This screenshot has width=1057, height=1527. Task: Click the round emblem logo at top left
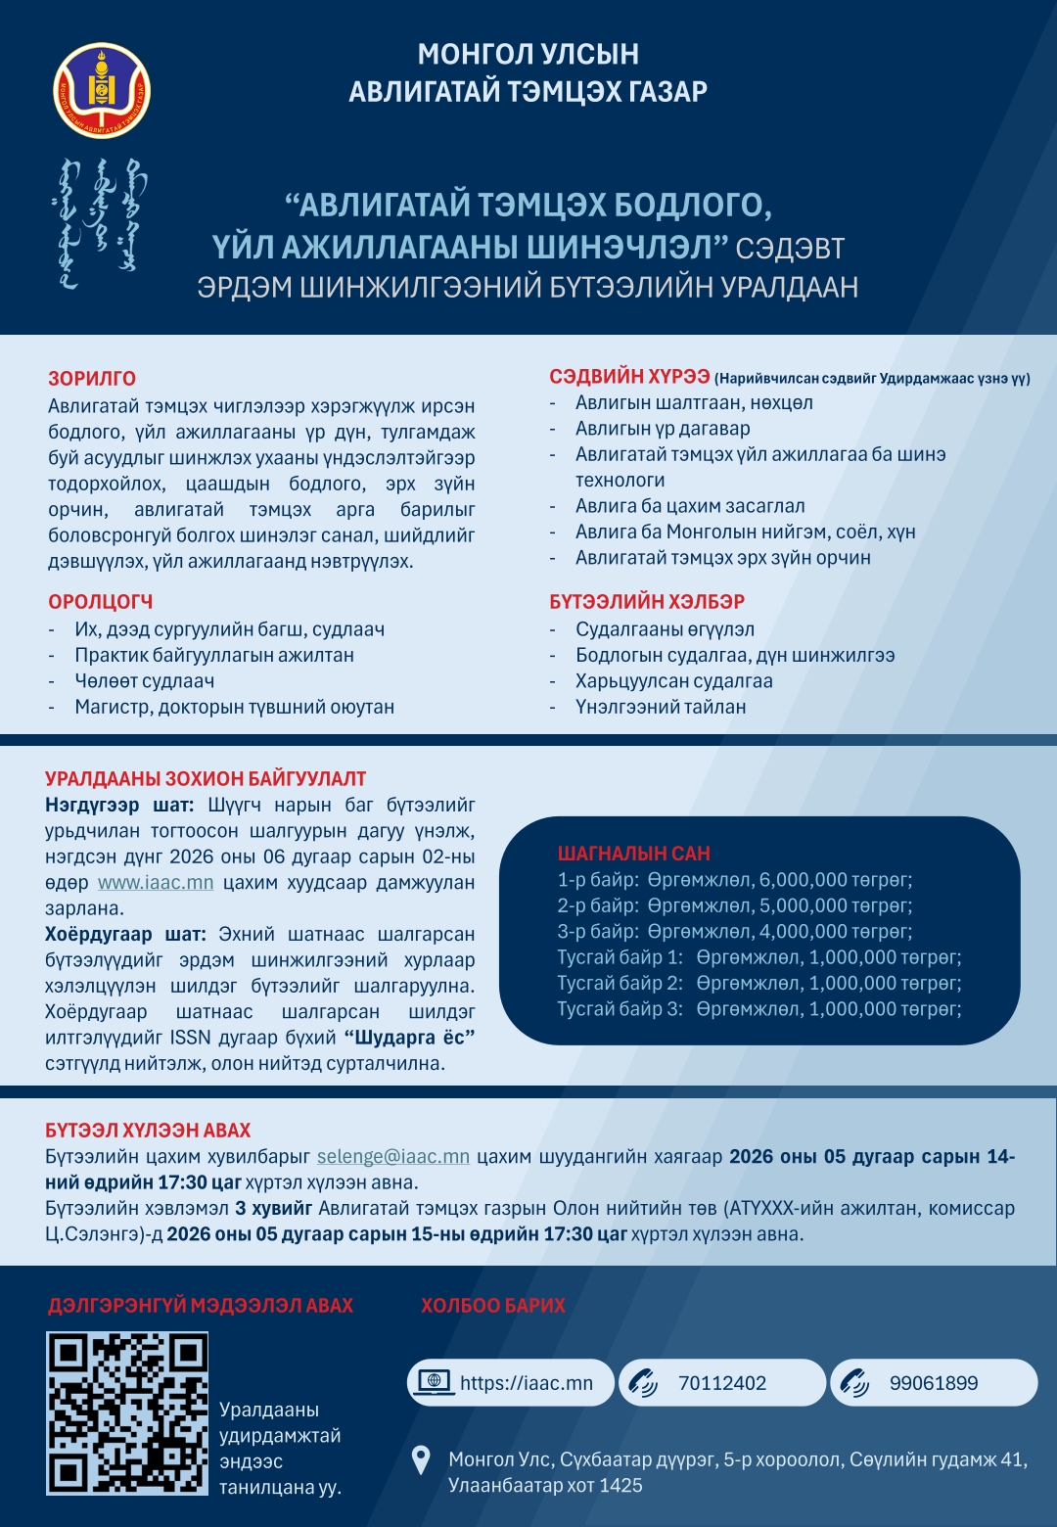(x=102, y=90)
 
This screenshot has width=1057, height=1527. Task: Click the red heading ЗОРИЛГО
(x=92, y=379)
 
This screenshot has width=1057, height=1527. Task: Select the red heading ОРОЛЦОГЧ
(x=101, y=602)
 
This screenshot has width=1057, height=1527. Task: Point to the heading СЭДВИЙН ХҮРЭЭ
(x=629, y=378)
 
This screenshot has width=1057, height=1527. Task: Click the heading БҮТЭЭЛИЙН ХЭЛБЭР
(x=647, y=602)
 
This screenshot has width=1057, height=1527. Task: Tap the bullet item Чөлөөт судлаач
(x=144, y=681)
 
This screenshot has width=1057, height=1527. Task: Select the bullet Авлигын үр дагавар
(x=663, y=429)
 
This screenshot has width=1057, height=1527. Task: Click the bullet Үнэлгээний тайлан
(x=661, y=707)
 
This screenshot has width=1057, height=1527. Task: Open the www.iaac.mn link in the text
(x=156, y=883)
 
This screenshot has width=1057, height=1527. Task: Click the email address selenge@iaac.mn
(x=393, y=1157)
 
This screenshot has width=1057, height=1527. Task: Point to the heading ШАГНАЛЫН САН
(x=634, y=854)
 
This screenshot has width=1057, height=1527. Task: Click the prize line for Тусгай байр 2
(x=759, y=983)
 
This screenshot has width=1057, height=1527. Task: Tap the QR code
(x=127, y=1413)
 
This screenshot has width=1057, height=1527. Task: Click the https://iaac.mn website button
(x=511, y=1383)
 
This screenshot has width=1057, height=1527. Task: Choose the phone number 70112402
(x=722, y=1383)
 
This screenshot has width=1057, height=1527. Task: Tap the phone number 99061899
(x=934, y=1383)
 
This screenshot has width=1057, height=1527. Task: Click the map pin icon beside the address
(x=422, y=1460)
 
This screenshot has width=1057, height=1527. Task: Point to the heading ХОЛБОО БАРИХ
(x=493, y=1306)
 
